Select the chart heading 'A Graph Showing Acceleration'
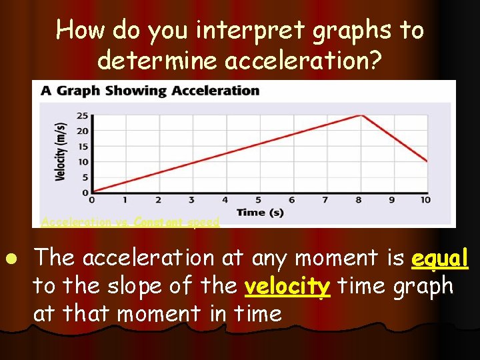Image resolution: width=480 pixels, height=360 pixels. point(150,91)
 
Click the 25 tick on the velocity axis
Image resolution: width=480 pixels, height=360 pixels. point(82,115)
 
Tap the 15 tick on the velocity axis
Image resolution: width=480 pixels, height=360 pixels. point(82,146)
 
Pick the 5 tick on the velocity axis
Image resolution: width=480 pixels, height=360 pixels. point(84,177)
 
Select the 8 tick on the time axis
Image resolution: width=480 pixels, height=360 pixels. point(359,200)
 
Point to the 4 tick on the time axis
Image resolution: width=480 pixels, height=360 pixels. point(225,200)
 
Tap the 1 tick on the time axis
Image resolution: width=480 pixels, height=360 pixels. point(125,200)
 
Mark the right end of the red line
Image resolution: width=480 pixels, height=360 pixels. point(427,161)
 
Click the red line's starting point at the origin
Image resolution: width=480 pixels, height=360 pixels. point(92,192)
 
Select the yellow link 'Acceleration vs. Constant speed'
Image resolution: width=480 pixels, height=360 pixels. point(130,222)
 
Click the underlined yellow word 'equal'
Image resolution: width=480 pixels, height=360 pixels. point(440,258)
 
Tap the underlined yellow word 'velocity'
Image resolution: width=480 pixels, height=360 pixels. point(287,286)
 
